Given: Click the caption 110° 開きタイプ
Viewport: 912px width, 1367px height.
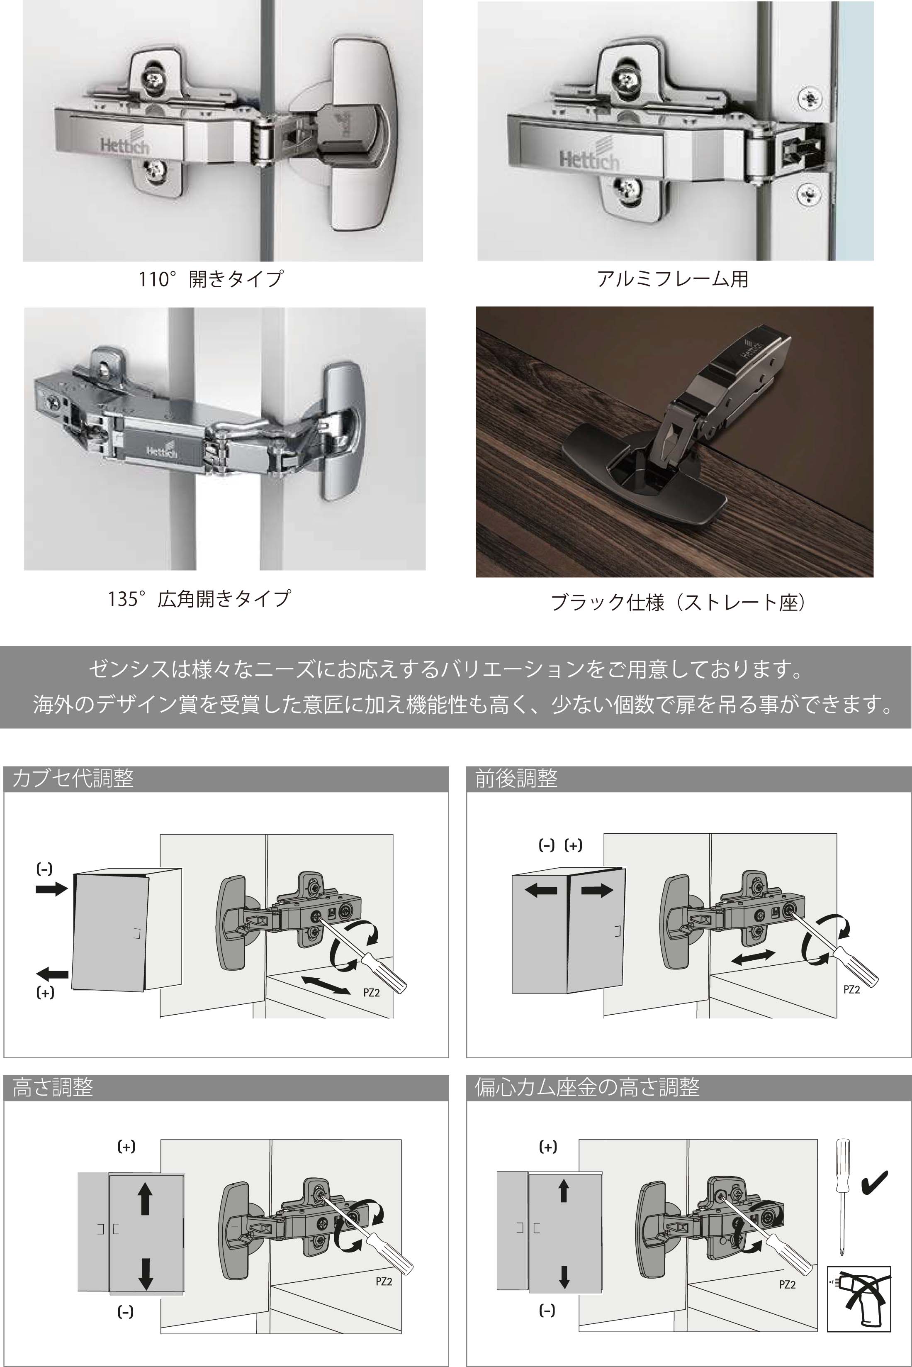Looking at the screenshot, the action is (211, 279).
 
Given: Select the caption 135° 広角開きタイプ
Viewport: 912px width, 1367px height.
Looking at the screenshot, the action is (199, 598).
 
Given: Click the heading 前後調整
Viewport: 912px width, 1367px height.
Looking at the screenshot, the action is (516, 778).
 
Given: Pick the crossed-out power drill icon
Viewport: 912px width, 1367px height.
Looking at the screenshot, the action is (859, 1297).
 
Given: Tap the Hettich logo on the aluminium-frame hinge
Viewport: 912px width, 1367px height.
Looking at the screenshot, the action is (589, 158).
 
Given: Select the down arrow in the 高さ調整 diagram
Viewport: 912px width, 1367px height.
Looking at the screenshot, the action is (146, 1274).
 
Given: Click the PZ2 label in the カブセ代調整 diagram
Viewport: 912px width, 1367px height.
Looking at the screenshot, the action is (371, 993).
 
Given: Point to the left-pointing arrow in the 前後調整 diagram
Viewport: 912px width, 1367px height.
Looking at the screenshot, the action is (541, 890).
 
